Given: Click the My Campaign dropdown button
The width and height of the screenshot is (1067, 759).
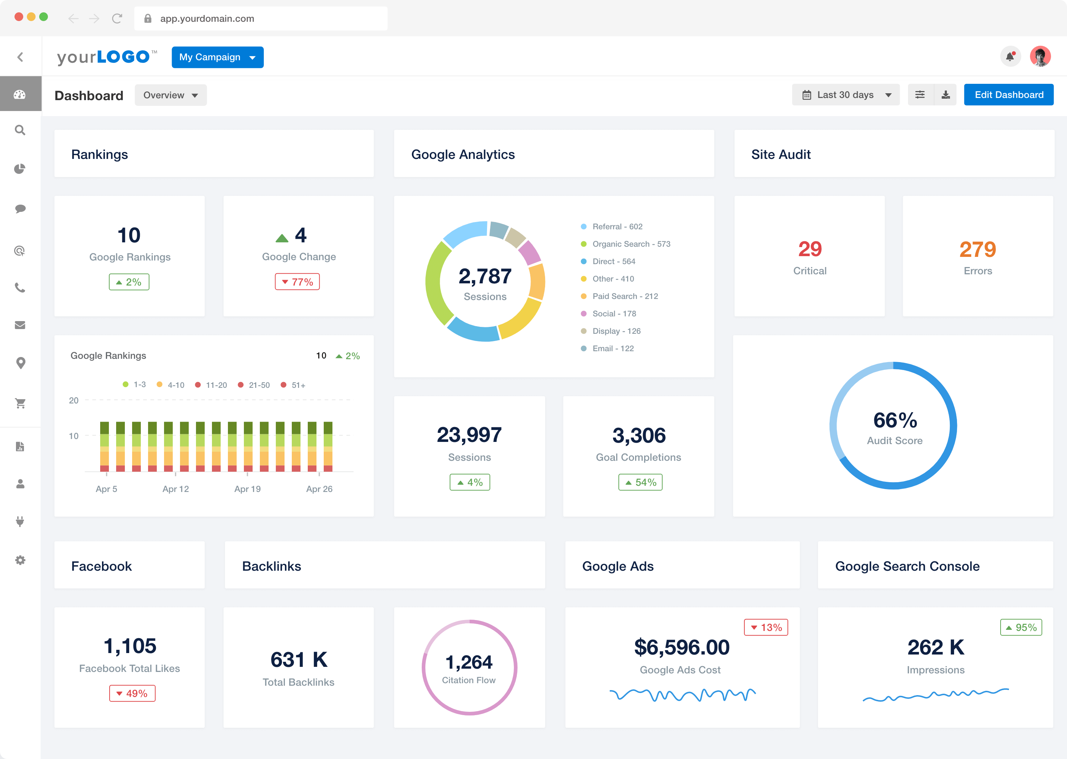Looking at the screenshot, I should click(217, 57).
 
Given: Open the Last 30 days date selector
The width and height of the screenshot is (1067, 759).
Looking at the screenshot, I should click(845, 95).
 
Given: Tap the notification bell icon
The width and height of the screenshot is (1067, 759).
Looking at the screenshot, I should click(1010, 57).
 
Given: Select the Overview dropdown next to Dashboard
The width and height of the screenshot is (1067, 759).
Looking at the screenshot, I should click(171, 95).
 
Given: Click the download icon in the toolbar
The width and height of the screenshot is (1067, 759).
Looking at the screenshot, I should click(945, 95).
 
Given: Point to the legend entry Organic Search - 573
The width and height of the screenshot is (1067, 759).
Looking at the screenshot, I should click(631, 244).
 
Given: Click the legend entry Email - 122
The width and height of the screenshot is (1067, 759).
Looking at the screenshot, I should click(613, 349).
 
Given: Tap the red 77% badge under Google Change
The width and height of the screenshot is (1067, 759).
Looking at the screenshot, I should click(297, 282).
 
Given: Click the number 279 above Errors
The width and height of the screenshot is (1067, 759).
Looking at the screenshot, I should click(978, 249).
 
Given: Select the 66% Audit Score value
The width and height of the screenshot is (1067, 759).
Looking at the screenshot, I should click(895, 420).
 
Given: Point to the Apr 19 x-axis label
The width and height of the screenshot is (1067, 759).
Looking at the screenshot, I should click(248, 489).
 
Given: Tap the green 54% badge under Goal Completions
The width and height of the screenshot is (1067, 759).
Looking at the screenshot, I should click(640, 482).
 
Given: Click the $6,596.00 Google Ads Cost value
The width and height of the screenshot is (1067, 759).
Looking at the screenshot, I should click(681, 647).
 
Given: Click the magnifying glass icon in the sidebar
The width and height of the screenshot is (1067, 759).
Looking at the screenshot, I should click(20, 130).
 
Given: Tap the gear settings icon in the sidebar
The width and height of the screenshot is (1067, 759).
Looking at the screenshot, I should click(20, 560).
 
